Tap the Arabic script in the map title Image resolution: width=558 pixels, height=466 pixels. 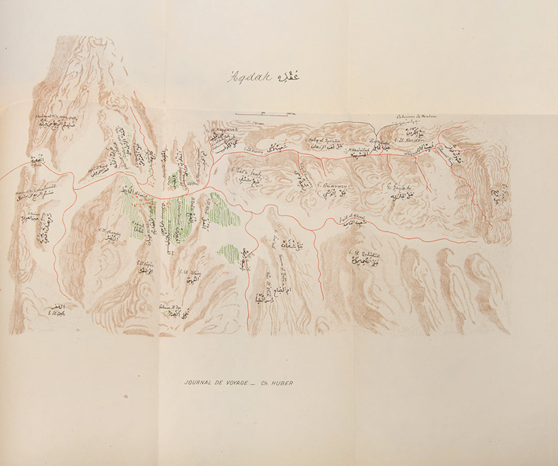tap(289, 76)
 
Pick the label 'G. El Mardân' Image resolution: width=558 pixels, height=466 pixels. tap(410, 139)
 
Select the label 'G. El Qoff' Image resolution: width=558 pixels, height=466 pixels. tap(55, 312)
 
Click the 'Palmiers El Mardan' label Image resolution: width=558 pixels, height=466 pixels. tap(416, 117)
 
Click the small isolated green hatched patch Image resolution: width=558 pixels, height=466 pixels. tap(228, 253)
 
